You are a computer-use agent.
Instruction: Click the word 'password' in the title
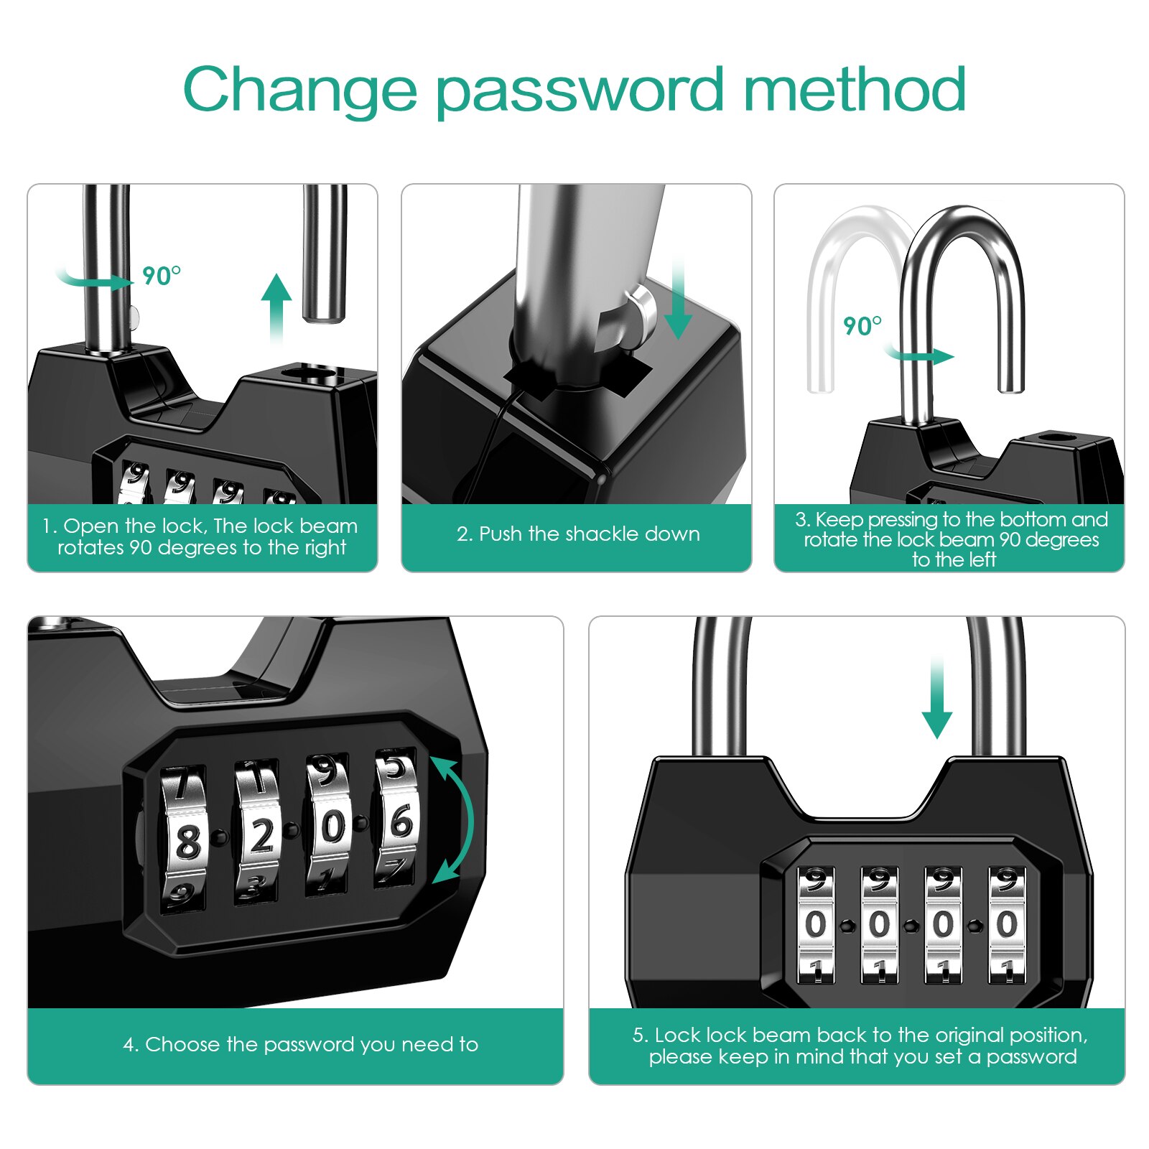pyautogui.click(x=579, y=91)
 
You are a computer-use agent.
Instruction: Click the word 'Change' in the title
pyautogui.click(x=299, y=91)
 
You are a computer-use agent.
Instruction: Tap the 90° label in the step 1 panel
pyautogui.click(x=161, y=276)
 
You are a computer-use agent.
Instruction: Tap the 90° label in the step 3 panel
pyautogui.click(x=862, y=326)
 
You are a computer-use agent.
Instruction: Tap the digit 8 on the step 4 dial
pyautogui.click(x=187, y=841)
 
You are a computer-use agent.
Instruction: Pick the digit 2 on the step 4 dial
pyautogui.click(x=261, y=835)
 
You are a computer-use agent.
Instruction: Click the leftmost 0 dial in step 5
pyautogui.click(x=816, y=924)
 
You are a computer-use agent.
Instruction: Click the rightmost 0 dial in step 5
pyautogui.click(x=1007, y=924)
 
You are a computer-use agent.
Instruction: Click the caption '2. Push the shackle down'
pyautogui.click(x=577, y=534)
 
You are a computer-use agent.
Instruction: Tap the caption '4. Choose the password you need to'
pyautogui.click(x=300, y=1044)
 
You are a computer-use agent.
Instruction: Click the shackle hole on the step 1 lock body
pyautogui.click(x=310, y=373)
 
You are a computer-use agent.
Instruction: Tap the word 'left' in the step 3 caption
pyautogui.click(x=980, y=559)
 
